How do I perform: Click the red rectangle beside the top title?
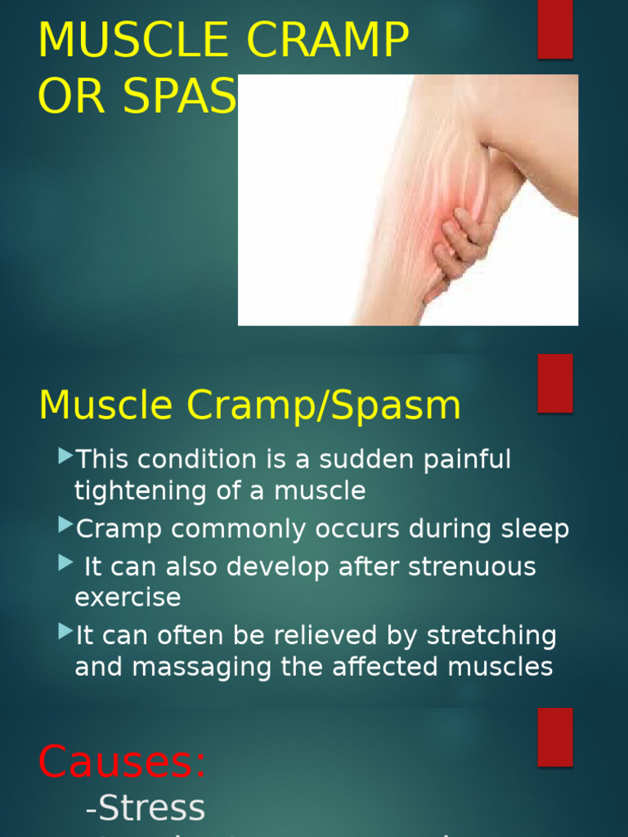click(554, 29)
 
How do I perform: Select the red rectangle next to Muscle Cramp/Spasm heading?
click(554, 383)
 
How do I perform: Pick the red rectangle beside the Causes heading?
click(554, 736)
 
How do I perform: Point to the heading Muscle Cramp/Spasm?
click(249, 405)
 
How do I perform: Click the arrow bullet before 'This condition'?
click(65, 457)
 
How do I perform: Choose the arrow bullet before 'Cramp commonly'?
click(65, 526)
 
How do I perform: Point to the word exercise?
click(128, 598)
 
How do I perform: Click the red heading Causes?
click(122, 762)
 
